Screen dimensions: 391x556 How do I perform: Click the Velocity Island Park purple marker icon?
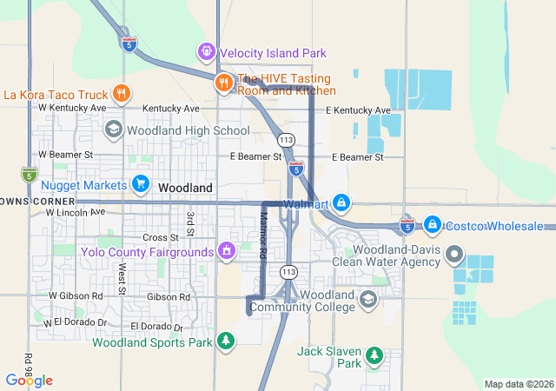click(207, 51)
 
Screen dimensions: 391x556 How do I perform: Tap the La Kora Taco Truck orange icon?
click(122, 94)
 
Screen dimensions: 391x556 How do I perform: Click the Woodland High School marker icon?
click(113, 130)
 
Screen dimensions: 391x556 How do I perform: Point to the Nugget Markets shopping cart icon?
click(140, 184)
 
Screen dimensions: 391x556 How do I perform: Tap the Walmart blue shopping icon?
click(341, 205)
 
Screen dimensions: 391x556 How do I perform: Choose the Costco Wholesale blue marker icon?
click(432, 225)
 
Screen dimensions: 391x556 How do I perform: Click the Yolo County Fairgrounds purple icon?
click(227, 252)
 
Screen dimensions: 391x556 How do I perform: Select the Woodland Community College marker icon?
click(367, 300)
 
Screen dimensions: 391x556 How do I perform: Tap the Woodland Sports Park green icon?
click(226, 341)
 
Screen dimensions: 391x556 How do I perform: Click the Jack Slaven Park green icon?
click(374, 355)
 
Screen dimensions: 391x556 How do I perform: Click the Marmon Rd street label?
click(262, 235)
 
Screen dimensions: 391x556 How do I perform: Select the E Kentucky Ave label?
click(358, 110)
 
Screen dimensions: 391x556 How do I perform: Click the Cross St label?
click(161, 237)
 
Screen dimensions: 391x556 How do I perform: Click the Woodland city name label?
click(185, 188)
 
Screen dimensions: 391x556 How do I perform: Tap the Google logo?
click(29, 381)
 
